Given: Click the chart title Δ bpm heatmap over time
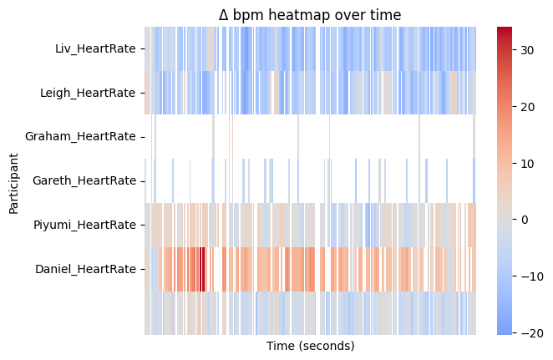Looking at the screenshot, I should [310, 14].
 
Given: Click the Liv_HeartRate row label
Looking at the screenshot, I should [95, 48].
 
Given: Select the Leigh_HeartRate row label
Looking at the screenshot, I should [88, 92].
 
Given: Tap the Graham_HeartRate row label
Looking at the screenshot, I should [80, 136].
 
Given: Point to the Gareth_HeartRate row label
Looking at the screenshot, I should [84, 180].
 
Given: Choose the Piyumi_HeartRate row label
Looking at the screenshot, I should [84, 225].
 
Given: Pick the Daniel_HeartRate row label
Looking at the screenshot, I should [85, 269].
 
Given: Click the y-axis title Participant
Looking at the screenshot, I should [14, 182].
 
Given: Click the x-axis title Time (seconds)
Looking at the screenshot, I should [310, 346].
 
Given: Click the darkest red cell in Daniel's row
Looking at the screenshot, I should [202, 269].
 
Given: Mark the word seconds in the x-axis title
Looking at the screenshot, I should [327, 346].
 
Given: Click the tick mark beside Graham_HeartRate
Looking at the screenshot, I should [143, 136].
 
